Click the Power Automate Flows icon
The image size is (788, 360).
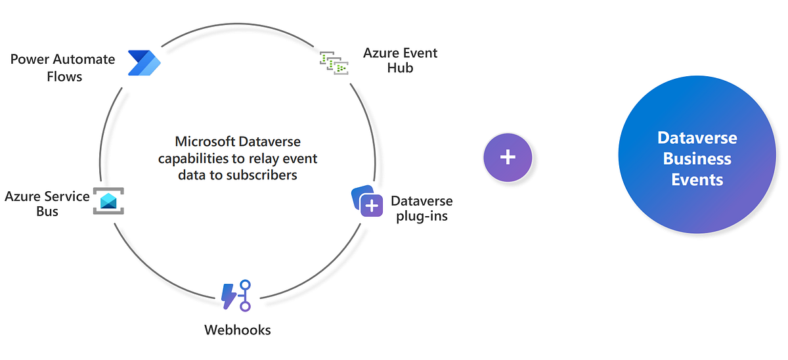[x=144, y=62]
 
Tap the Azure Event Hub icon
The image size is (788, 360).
[x=334, y=62]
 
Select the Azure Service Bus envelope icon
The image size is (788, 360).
[x=108, y=201]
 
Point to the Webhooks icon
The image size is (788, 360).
[x=237, y=295]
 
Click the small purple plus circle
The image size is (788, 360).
[x=508, y=158]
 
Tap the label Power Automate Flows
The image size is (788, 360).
[x=63, y=68]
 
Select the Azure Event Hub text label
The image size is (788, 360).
[x=400, y=60]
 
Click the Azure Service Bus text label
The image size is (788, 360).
[x=47, y=204]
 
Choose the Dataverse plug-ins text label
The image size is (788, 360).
[x=422, y=208]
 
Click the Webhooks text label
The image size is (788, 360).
[x=238, y=329]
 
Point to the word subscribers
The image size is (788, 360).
[x=261, y=175]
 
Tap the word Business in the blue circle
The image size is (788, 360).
[x=697, y=158]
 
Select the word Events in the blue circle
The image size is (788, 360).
[x=697, y=179]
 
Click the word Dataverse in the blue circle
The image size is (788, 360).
[x=697, y=138]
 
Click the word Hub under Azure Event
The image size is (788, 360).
[x=400, y=68]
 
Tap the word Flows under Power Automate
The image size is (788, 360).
[x=64, y=76]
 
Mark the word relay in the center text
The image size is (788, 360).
[x=266, y=158]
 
